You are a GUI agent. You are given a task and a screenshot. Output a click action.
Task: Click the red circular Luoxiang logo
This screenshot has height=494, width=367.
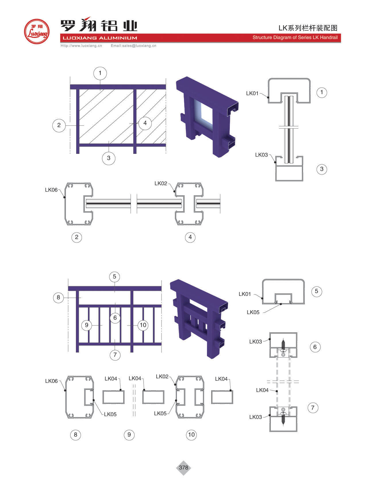click(x=36, y=31)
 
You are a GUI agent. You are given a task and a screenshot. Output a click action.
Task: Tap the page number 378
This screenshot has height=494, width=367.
click(x=183, y=467)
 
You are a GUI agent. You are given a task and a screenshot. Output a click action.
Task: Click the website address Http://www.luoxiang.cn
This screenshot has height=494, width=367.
click(x=81, y=45)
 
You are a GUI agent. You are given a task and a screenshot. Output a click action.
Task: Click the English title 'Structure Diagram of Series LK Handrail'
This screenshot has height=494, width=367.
click(x=295, y=37)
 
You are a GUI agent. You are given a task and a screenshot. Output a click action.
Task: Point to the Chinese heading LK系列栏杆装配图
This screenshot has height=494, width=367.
click(x=308, y=28)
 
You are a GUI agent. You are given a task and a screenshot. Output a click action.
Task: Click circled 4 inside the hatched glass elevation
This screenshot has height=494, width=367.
click(x=145, y=123)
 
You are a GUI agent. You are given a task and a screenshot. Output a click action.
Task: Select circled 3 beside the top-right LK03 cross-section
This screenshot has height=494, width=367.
click(x=322, y=169)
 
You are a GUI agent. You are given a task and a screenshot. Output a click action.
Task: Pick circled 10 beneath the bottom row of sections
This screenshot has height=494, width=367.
click(x=191, y=435)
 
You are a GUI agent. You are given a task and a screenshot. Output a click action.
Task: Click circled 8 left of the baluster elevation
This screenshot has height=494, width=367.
click(x=58, y=297)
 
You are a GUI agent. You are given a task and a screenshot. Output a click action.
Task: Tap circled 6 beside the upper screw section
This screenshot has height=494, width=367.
click(x=315, y=347)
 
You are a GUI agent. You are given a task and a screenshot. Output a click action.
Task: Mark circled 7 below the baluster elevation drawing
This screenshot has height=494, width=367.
click(x=115, y=355)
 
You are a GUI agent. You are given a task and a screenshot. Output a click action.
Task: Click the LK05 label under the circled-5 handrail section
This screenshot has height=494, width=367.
click(x=253, y=312)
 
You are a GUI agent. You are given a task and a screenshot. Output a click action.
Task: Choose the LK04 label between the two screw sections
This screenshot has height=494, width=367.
click(x=262, y=390)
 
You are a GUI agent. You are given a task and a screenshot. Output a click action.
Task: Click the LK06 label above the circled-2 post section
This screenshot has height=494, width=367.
click(x=51, y=190)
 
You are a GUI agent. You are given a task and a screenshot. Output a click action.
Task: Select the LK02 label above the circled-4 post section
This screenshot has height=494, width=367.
click(x=161, y=183)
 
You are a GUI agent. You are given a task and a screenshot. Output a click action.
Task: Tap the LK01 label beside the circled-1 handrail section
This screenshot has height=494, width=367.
click(x=252, y=93)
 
